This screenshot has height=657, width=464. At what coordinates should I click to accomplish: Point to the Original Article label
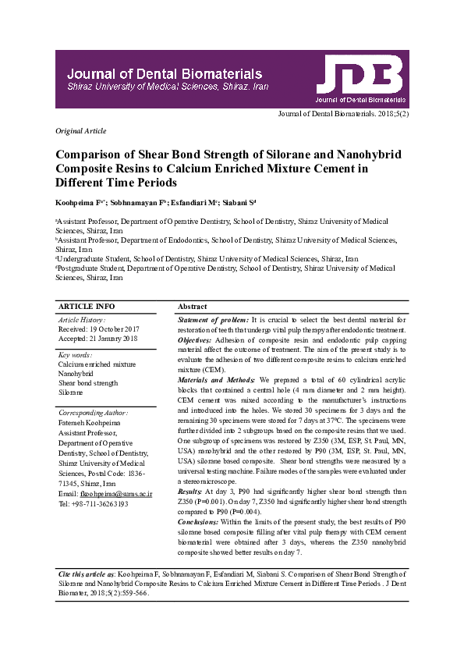(x=80, y=131)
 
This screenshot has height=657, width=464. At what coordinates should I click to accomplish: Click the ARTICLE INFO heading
(x=87, y=307)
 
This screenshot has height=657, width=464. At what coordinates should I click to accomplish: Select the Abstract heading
(x=193, y=307)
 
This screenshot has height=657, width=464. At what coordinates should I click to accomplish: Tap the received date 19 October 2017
(x=99, y=329)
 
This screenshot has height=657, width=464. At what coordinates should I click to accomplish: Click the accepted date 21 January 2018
(x=99, y=339)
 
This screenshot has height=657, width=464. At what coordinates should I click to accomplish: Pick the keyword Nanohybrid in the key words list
(x=76, y=374)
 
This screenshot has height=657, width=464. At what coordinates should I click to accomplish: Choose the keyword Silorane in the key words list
(x=72, y=392)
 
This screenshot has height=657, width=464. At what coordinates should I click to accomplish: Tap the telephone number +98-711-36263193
(x=93, y=504)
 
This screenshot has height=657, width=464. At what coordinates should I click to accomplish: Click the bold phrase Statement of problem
(x=213, y=321)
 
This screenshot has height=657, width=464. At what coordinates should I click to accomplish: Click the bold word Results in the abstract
(x=191, y=492)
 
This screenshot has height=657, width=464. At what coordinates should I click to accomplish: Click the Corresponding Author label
(x=94, y=412)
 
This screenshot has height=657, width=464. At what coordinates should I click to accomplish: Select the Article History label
(x=82, y=320)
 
